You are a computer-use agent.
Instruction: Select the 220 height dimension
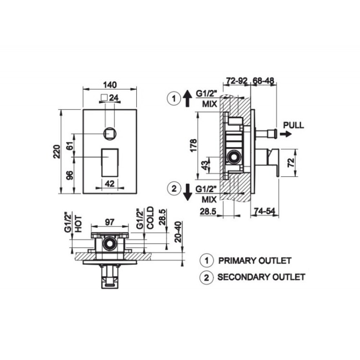[x=57, y=152]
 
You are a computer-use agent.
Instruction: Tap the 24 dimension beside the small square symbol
[x=114, y=98]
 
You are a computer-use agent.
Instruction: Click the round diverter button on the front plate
[x=110, y=134]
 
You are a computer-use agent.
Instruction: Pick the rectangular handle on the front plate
[x=110, y=163]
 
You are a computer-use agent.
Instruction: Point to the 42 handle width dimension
[x=109, y=184]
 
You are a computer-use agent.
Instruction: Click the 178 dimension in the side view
[x=194, y=145]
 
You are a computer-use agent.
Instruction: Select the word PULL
[x=293, y=125]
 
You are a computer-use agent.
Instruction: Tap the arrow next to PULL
[x=286, y=134]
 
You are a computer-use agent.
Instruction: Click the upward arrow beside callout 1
[x=188, y=98]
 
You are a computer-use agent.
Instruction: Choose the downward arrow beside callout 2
[x=188, y=192]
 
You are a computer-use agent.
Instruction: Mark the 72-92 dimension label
[x=237, y=81]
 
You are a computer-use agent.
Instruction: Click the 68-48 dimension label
[x=264, y=81]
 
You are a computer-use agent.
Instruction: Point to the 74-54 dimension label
[x=264, y=211]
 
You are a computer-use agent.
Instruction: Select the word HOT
[x=78, y=224]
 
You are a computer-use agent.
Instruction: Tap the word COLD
[x=150, y=218]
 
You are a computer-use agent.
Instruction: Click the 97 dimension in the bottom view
[x=109, y=222]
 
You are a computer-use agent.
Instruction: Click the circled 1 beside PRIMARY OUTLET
[x=206, y=261]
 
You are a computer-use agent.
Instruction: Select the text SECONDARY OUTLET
[x=261, y=277]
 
